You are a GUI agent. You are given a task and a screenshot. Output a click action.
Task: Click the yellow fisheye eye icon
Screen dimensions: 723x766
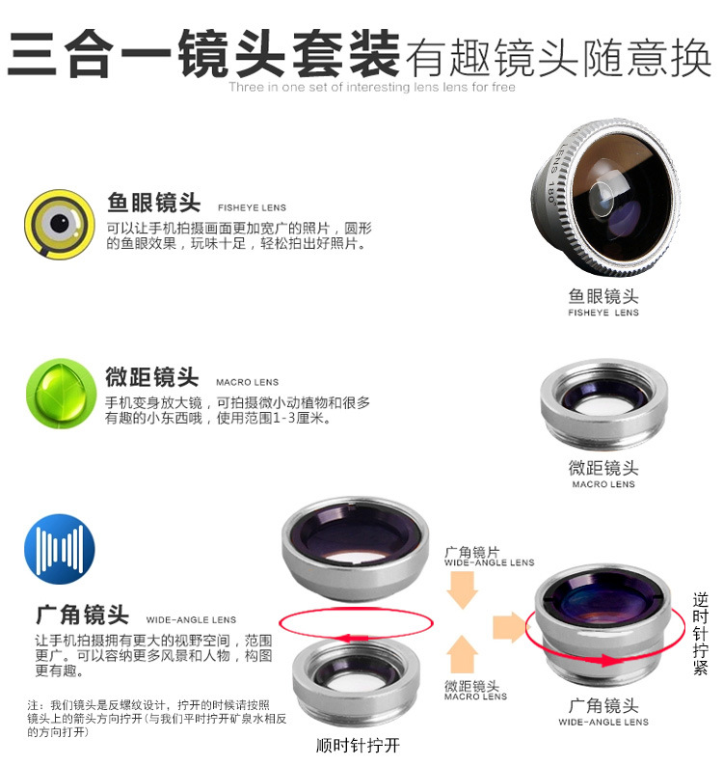tap(60, 224)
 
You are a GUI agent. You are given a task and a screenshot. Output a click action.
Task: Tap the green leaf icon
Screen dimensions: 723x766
tap(61, 394)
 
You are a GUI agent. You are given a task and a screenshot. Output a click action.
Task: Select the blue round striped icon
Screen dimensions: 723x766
tap(60, 549)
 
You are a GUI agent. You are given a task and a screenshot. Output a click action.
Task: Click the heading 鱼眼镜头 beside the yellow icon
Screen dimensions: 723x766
tap(154, 203)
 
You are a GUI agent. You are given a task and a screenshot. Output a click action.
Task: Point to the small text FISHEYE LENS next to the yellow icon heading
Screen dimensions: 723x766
tap(252, 207)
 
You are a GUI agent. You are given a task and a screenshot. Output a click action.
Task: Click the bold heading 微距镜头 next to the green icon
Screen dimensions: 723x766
tap(151, 377)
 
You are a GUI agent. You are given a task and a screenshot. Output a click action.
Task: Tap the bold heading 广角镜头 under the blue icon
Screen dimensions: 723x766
tap(83, 615)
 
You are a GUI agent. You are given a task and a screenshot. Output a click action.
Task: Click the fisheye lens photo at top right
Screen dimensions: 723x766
tap(605, 197)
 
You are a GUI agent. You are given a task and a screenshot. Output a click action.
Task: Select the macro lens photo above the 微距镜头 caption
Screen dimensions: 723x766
tap(603, 404)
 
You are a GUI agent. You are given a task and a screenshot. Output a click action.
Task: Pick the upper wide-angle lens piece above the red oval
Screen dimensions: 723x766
tap(356, 549)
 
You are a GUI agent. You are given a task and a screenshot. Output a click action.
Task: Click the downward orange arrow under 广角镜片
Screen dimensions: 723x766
tap(462, 590)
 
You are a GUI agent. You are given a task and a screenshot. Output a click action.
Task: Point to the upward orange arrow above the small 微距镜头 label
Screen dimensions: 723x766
tap(463, 655)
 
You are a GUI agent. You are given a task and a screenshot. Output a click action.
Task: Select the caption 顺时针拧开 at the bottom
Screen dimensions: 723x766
tap(358, 746)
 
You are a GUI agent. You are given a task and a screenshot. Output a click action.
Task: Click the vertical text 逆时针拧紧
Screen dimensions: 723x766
tap(700, 634)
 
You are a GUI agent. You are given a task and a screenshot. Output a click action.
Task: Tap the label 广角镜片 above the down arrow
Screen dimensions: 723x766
tap(472, 552)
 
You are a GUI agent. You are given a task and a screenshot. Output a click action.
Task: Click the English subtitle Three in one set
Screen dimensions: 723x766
tap(372, 87)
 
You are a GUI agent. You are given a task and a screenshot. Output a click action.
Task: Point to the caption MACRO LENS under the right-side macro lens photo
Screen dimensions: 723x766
tap(603, 484)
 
